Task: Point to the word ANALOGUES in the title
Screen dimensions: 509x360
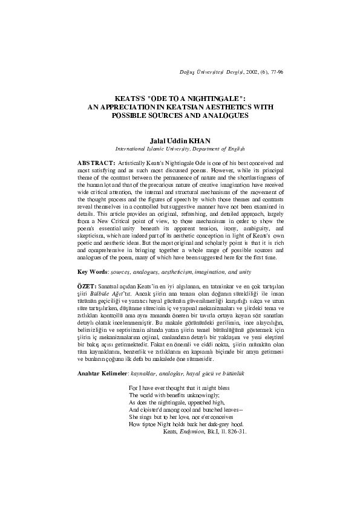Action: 219,114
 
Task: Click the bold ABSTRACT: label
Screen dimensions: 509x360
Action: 96,163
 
